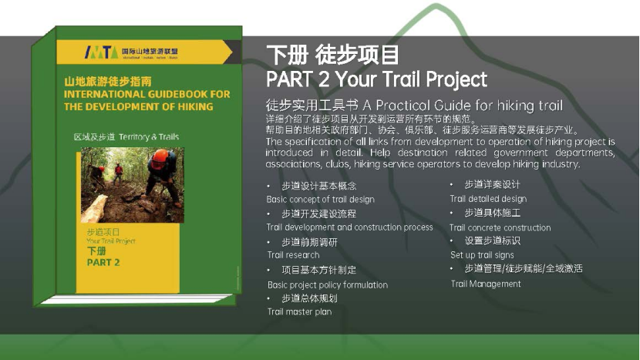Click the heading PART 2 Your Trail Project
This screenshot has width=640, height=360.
coord(376,79)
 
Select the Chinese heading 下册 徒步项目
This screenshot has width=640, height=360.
coord(332,56)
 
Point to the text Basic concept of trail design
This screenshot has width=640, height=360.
coord(321,200)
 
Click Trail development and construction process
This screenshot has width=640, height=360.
coord(350,227)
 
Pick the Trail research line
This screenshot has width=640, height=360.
coord(293,255)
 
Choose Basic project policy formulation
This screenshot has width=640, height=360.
coord(328,284)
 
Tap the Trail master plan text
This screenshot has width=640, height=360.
coord(299,312)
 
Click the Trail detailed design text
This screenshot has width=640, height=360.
coord(488,199)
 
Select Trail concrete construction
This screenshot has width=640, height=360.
coord(500,227)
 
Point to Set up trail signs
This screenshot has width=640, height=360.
coord(482,255)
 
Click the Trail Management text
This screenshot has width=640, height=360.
coord(486,284)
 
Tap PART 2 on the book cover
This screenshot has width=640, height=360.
coord(103,263)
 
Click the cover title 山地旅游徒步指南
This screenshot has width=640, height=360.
coord(108,81)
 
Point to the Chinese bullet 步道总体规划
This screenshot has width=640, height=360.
coord(309,298)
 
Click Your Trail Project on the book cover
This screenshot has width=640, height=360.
coord(111,241)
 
